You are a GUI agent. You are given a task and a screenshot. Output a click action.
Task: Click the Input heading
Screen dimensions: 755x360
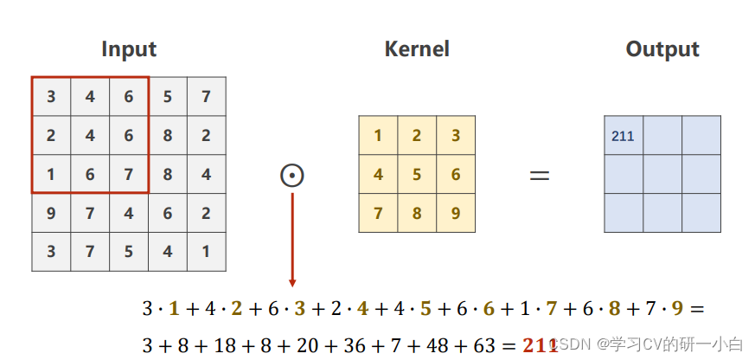click(x=129, y=48)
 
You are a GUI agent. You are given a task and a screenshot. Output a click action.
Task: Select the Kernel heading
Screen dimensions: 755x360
click(x=417, y=48)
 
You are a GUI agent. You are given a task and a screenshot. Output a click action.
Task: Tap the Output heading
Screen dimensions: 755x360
click(x=662, y=48)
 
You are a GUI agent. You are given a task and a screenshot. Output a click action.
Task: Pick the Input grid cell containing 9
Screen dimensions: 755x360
click(x=51, y=214)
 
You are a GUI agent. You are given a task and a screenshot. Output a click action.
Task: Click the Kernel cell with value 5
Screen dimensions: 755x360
click(x=417, y=174)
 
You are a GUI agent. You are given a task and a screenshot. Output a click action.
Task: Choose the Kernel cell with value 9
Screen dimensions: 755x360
click(x=456, y=213)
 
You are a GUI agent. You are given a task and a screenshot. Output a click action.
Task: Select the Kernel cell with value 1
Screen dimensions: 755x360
click(x=378, y=135)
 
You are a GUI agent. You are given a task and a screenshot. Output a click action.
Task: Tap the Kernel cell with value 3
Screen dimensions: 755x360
click(x=456, y=135)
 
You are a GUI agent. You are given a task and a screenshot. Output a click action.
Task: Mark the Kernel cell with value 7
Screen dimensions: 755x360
click(x=378, y=213)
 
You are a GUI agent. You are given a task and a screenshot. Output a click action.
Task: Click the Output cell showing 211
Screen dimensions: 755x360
click(x=624, y=136)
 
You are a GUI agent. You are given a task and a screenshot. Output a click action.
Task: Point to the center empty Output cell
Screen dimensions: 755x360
click(x=662, y=174)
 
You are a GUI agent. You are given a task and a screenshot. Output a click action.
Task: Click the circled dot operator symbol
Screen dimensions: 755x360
click(x=292, y=175)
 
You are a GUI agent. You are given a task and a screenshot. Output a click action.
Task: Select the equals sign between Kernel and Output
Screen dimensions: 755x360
click(x=540, y=175)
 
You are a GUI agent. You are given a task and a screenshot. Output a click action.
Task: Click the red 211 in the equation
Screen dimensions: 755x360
click(x=540, y=345)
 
